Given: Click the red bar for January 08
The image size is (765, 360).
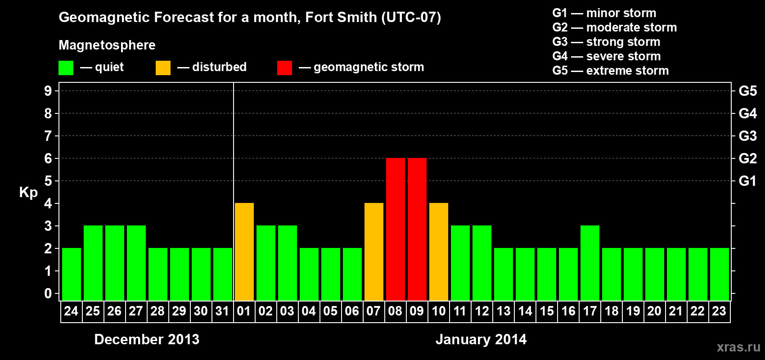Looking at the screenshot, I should (x=395, y=229).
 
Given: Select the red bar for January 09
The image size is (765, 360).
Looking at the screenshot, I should (x=417, y=229).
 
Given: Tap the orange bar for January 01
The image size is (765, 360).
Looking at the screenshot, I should (x=244, y=252).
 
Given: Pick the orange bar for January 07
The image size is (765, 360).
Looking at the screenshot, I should (x=373, y=252).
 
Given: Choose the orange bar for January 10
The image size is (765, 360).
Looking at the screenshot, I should (x=438, y=252).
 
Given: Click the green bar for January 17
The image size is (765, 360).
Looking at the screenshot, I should (x=589, y=263).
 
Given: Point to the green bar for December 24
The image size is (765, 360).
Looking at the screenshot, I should (x=71, y=274).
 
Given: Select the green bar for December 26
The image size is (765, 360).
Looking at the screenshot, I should (x=114, y=263).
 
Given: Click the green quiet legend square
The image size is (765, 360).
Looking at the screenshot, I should (x=66, y=68).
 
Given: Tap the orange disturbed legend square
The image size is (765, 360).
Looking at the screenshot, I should (x=163, y=68).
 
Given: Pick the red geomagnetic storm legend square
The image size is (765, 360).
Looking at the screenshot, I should (x=284, y=68).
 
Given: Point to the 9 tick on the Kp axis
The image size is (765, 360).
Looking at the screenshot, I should (x=48, y=91).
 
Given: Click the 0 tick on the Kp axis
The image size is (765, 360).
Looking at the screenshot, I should (x=48, y=293).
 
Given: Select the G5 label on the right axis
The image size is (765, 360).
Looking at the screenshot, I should (x=747, y=91).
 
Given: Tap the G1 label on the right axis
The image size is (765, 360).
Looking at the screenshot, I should (x=747, y=181).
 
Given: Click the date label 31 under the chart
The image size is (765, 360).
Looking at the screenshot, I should (x=222, y=311).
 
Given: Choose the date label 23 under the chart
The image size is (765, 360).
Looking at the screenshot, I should (x=719, y=311).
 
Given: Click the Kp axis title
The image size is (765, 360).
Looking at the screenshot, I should (x=28, y=192).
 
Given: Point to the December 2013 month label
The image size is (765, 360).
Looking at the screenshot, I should (x=147, y=339).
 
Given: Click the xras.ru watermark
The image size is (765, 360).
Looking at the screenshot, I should (x=738, y=347).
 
